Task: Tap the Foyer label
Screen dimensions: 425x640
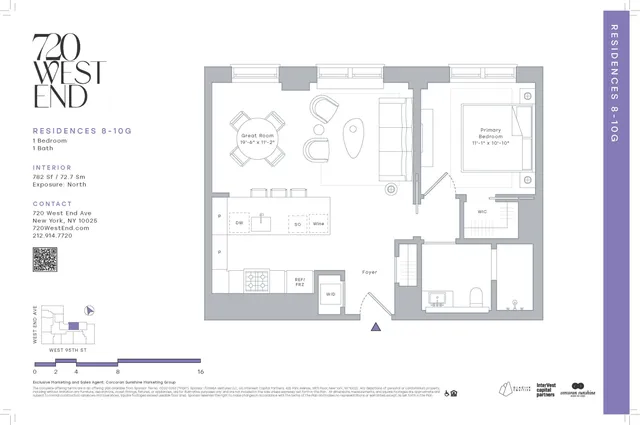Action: [369, 270]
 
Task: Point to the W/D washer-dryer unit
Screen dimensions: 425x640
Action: [330, 294]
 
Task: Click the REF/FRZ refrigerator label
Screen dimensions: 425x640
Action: [299, 282]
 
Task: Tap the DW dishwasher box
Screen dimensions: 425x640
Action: [240, 222]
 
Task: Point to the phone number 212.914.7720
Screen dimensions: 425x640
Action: [61, 236]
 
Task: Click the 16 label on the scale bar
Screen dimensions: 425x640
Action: [201, 371]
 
